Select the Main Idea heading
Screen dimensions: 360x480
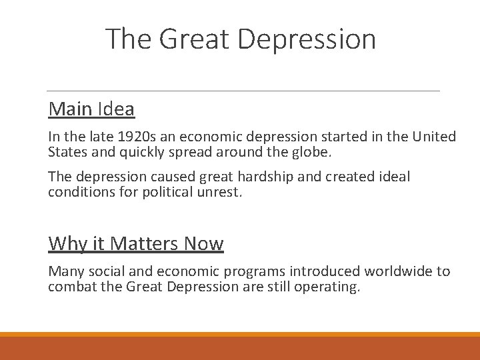[x=91, y=109]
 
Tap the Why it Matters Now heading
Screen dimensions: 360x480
[x=136, y=243]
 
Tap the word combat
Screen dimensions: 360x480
[x=70, y=287]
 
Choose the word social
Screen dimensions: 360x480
[x=103, y=271]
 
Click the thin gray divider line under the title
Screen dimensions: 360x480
[x=243, y=91]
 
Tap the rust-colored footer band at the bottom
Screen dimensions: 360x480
[x=240, y=348]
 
